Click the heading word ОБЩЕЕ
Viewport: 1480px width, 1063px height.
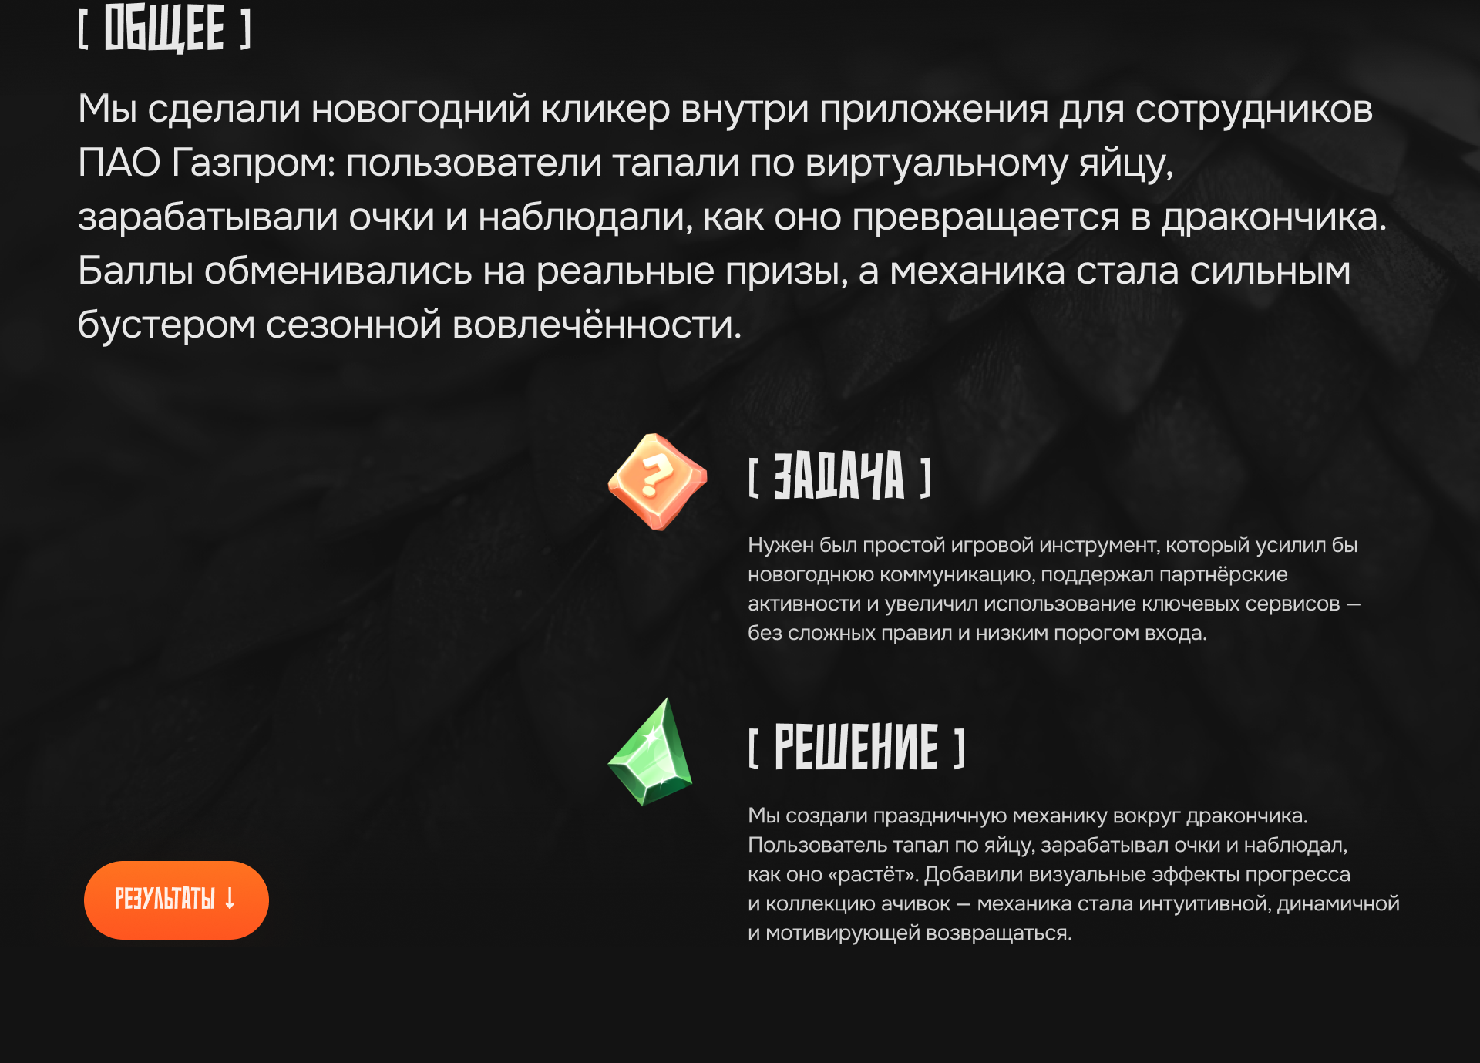164,29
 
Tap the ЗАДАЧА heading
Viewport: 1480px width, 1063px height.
839,476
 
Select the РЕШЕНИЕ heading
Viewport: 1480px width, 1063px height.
856,747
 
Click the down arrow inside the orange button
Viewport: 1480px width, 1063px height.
230,899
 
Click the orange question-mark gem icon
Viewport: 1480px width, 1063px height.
657,482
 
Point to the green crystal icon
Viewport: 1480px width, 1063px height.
651,754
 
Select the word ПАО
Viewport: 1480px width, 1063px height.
119,163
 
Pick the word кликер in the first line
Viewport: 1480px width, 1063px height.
605,109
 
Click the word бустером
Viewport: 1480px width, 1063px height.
166,325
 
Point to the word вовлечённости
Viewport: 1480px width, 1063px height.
596,325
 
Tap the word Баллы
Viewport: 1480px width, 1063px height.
135,271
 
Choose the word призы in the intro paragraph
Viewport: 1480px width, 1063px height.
785,271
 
